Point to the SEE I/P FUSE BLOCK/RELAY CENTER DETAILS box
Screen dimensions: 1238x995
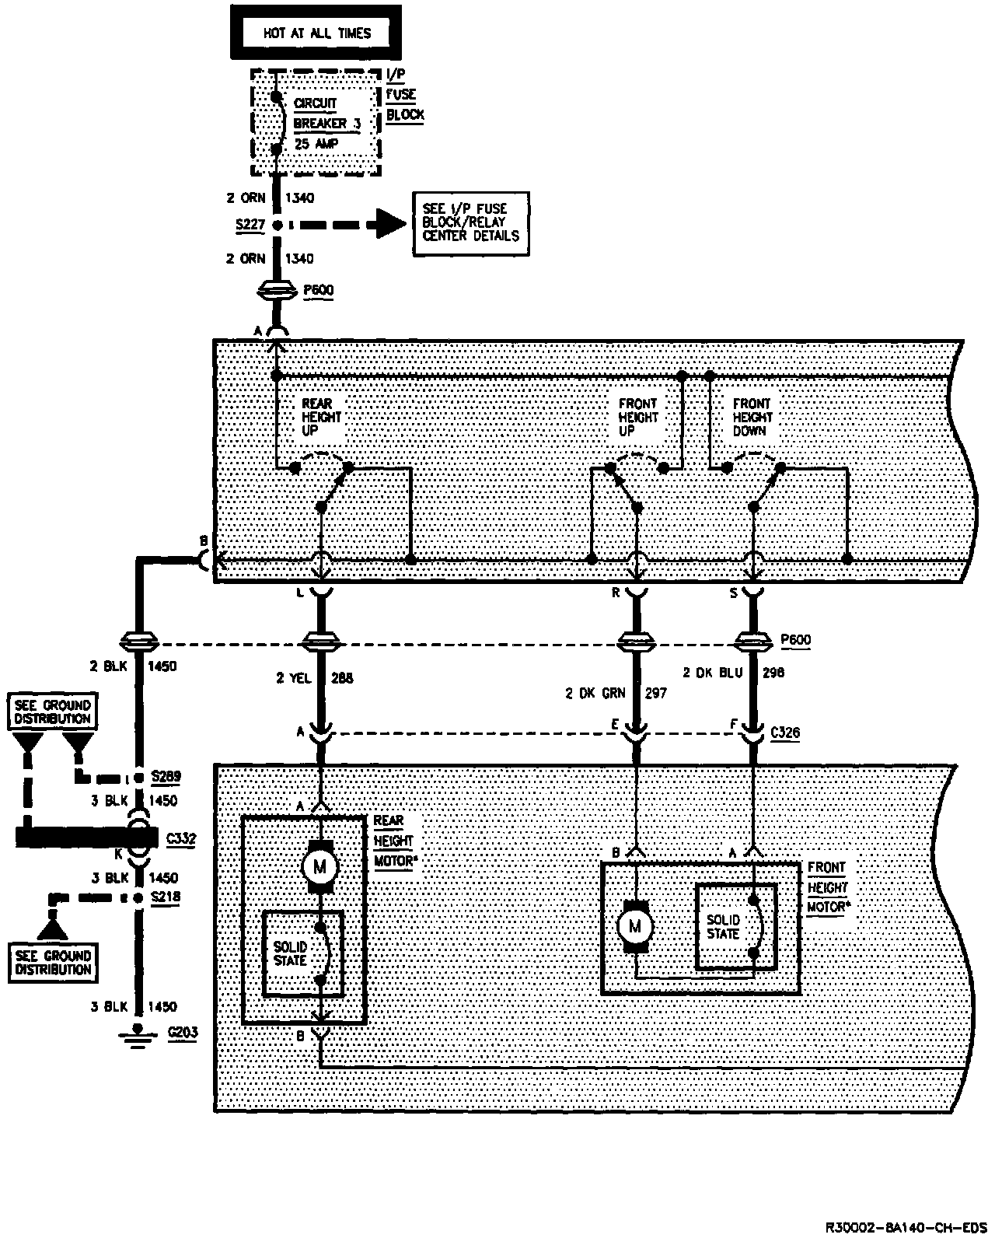tap(471, 222)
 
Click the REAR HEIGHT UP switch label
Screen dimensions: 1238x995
tap(321, 416)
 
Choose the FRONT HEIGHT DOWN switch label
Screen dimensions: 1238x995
tap(752, 416)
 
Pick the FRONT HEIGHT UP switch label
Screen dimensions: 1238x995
tap(637, 416)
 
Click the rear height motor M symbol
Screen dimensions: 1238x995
tap(320, 866)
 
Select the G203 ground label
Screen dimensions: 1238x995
tap(183, 1033)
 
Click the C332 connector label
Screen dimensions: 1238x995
tap(182, 838)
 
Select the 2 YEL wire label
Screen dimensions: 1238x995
tap(294, 678)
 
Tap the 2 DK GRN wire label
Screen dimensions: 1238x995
tap(595, 693)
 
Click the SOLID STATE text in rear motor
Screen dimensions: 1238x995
tap(291, 953)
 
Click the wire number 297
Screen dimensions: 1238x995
tap(655, 693)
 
